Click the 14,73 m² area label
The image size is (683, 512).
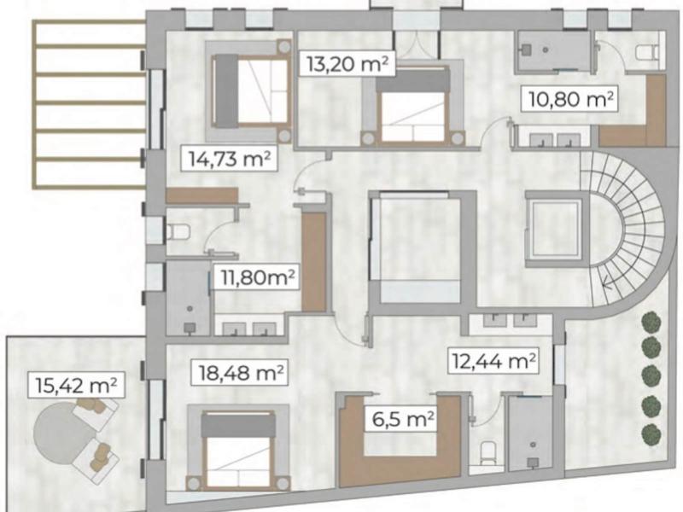click(229, 157)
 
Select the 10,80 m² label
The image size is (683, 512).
click(569, 100)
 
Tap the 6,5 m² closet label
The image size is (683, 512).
click(401, 419)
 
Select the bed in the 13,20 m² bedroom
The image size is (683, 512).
click(413, 108)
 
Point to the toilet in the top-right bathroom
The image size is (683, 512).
click(647, 53)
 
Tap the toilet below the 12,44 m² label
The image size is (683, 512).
click(487, 450)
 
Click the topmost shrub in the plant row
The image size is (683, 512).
click(651, 323)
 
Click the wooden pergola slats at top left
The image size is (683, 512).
click(85, 102)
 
